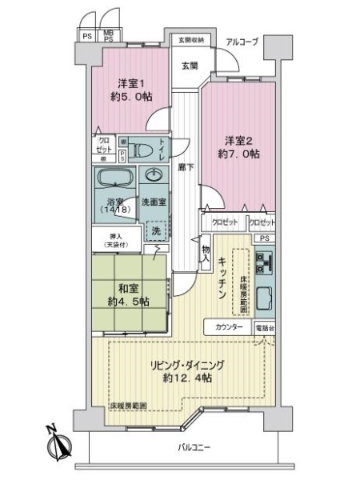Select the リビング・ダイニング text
click(190, 365)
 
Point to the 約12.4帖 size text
click(190, 378)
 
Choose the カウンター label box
click(229, 328)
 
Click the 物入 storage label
click(206, 254)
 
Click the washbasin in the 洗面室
click(152, 175)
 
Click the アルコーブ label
click(241, 42)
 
